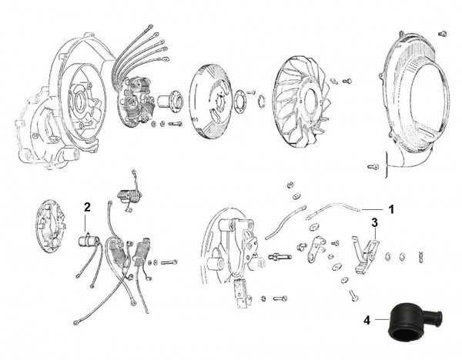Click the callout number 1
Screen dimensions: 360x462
391,208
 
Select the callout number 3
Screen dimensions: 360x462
374,222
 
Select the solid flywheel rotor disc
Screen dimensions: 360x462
218,100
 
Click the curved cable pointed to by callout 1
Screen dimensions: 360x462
331,208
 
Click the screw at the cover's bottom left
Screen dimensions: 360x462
373,164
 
